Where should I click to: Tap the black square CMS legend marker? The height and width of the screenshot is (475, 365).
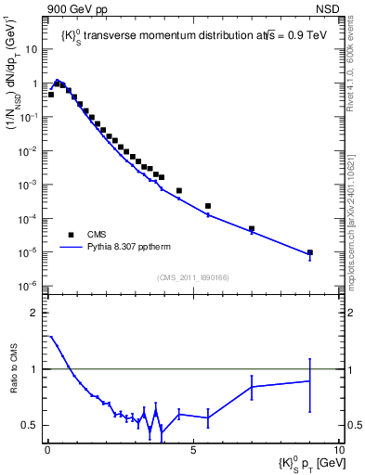click(70, 235)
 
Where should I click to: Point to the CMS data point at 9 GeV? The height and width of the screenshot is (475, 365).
click(310, 252)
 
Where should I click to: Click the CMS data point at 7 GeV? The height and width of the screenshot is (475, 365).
click(252, 228)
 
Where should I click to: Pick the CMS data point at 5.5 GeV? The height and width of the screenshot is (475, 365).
click(208, 206)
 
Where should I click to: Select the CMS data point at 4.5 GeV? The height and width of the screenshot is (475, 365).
click(179, 190)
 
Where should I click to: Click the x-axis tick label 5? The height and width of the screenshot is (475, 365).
click(193, 447)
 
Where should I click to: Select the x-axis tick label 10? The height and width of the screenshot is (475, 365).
click(338, 447)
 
